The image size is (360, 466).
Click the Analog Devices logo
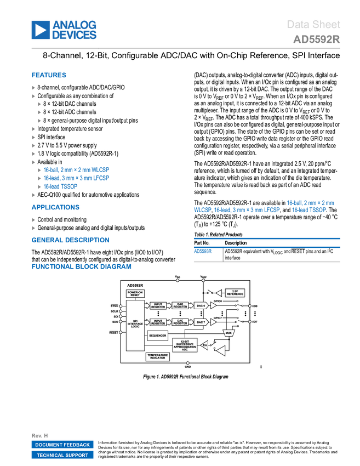coord(64,30)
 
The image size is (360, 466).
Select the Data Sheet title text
coord(314,24)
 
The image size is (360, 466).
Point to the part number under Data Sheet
coord(316,39)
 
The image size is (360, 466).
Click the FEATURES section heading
coord(49,76)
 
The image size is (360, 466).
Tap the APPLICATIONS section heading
coord(56,207)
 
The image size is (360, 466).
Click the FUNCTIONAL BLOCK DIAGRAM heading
coord(81,266)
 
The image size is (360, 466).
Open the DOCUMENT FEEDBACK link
coord(62,445)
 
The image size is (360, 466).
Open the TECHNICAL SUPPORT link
coord(62,455)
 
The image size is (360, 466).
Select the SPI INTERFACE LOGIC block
coord(135,325)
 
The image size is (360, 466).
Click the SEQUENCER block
coord(158,334)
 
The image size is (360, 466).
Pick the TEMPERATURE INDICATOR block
coord(158,357)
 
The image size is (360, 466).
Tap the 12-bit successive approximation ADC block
coord(185,345)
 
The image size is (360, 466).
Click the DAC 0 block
coord(201,305)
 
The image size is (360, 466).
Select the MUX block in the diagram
coord(229,333)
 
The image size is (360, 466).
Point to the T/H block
coord(204,345)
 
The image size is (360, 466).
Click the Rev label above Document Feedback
coord(39,435)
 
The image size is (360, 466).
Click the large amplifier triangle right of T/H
coord(220,350)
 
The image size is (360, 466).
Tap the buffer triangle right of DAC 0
coord(213,305)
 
